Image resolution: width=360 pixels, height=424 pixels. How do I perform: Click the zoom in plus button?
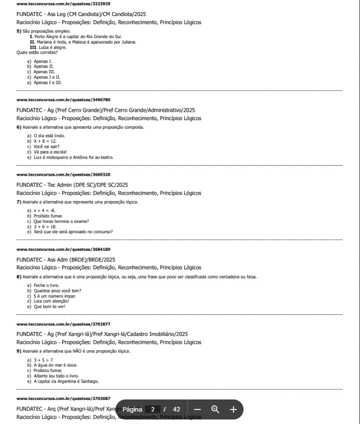[x=233, y=409]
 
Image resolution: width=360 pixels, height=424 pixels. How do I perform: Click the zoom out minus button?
[x=197, y=409]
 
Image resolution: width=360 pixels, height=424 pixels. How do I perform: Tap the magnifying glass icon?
[x=215, y=409]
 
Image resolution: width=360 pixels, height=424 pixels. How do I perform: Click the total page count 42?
[x=176, y=409]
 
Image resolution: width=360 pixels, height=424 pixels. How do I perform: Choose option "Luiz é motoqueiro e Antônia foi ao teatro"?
[x=73, y=157]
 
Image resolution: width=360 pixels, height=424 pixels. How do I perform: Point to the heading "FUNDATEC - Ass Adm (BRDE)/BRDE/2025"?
[x=66, y=260]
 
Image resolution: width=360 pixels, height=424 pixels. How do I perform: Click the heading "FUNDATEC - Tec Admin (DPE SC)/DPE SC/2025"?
[x=72, y=185]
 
